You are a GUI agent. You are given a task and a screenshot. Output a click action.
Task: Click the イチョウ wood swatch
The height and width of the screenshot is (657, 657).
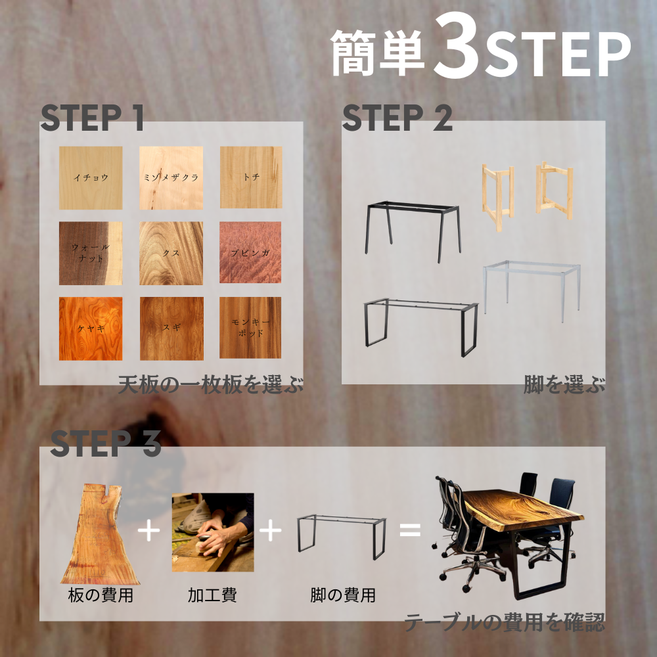coord(91,177)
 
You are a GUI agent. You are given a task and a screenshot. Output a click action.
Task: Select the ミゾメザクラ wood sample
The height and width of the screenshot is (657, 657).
coord(171,177)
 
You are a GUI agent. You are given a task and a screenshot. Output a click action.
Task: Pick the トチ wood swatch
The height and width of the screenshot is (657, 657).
coord(251,177)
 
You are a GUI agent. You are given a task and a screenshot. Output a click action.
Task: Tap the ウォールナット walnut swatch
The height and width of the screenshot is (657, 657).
coord(91,253)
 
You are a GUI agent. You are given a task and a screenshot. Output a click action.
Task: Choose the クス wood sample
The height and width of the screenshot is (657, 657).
coord(171,253)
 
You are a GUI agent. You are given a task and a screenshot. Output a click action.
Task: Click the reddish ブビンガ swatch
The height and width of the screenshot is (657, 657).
coord(250,252)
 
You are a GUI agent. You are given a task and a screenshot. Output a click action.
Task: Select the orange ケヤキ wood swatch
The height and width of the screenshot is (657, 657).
coord(91,328)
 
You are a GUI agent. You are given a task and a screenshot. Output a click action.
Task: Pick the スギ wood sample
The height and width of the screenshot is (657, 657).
coord(171,328)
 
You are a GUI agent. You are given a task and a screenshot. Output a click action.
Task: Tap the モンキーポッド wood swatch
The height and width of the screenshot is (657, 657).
coord(250,328)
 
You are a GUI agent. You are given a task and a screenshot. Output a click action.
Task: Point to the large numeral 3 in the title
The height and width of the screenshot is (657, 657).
coord(457,46)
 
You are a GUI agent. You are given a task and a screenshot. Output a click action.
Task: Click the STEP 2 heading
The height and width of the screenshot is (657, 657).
coord(397,118)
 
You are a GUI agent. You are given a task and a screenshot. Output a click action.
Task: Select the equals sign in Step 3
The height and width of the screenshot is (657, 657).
coord(410,530)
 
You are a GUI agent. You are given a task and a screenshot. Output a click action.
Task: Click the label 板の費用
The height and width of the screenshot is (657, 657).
coord(101,595)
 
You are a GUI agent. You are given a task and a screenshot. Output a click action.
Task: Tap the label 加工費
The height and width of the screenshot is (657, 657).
coord(212,595)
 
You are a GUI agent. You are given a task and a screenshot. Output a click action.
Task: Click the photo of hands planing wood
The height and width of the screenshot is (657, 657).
coord(213,532)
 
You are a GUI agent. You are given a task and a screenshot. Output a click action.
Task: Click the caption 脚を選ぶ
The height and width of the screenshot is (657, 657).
coord(564,384)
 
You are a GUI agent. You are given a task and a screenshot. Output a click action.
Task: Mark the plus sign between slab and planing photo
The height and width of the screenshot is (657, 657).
coord(148,530)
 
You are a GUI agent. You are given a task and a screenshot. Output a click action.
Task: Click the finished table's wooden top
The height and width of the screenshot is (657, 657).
coord(524,509)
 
